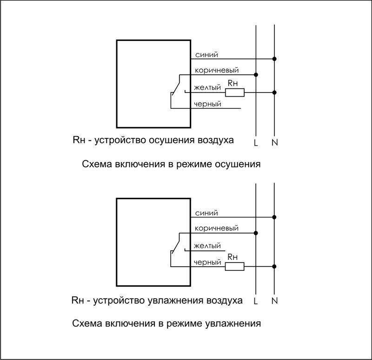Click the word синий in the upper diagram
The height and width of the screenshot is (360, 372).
[206, 55]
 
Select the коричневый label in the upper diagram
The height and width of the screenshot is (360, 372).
[217, 71]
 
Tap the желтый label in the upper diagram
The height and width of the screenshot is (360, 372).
[207, 87]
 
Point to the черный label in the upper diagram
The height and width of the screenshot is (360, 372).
[207, 104]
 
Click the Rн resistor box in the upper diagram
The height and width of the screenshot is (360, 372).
[235, 92]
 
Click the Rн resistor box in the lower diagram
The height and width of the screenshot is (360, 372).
[234, 266]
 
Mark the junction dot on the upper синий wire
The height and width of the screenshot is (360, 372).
[274, 59]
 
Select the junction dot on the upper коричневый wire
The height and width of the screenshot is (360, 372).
[256, 75]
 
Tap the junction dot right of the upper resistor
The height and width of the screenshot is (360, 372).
[274, 92]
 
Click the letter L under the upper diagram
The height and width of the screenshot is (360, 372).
[255, 143]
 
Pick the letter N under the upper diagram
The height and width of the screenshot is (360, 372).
[274, 143]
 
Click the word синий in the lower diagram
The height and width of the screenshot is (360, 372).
[206, 213]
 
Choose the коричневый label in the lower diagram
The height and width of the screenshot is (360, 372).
[216, 229]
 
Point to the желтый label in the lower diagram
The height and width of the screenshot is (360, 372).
[207, 246]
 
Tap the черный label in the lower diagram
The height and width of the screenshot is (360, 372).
[207, 262]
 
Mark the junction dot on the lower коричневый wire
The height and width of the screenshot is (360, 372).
[256, 233]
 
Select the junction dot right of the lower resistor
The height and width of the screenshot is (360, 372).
[274, 266]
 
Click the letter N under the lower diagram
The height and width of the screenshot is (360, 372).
[274, 301]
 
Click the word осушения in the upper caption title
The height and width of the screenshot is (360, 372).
[238, 164]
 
